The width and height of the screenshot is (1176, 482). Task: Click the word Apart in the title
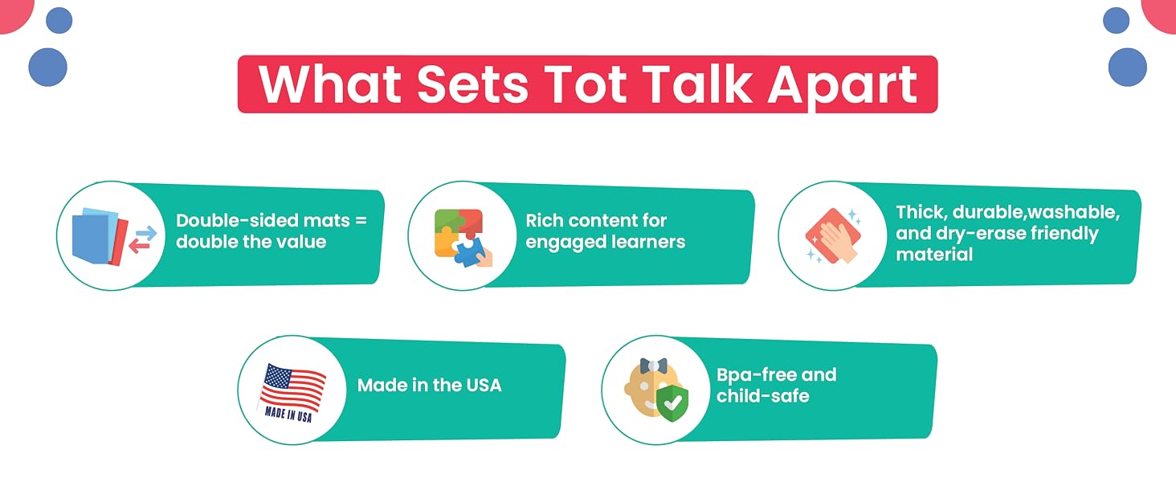click(x=843, y=85)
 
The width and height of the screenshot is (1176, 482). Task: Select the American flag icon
click(x=292, y=388)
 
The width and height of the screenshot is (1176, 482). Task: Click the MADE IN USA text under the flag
click(x=288, y=414)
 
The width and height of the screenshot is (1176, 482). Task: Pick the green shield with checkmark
click(x=672, y=402)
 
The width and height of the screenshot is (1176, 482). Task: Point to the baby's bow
click(x=654, y=366)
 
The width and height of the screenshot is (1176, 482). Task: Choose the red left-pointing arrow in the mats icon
click(x=139, y=246)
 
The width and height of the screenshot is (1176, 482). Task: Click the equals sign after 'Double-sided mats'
click(x=361, y=221)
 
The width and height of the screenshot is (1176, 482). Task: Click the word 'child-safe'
click(x=763, y=396)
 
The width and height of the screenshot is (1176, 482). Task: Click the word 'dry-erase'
click(x=982, y=234)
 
